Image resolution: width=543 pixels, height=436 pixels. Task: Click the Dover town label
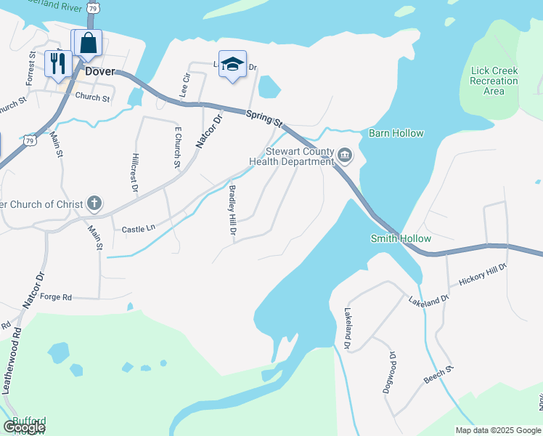[x=99, y=73]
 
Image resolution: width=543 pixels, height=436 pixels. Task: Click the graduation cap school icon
[x=232, y=64]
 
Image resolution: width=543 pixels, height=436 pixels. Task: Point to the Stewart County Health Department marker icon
[x=345, y=156]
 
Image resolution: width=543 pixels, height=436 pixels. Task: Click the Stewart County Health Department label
[x=298, y=157]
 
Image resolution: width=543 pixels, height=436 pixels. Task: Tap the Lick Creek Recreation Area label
[x=494, y=81]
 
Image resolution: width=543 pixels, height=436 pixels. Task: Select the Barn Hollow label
[x=396, y=134]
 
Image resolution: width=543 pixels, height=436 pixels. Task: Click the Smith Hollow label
[x=401, y=238]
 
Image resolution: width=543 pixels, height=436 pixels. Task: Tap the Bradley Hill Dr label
[x=232, y=211]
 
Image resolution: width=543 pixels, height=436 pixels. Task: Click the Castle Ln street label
[x=139, y=228]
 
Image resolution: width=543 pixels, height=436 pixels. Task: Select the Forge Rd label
[x=56, y=297]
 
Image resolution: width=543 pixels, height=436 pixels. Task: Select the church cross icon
[x=95, y=203]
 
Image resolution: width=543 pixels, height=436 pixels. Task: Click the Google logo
[x=25, y=428]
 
